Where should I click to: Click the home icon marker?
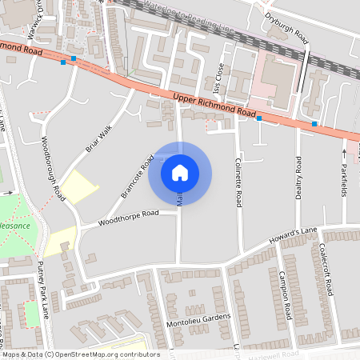pos(180,172)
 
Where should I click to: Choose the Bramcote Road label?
pos(137,175)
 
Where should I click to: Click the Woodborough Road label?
pos(51,167)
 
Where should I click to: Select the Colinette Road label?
pos(238,182)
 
